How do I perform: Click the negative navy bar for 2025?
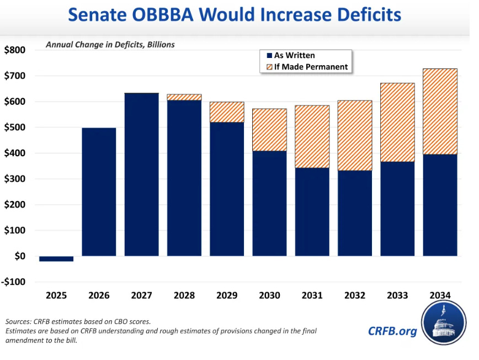click(56, 258)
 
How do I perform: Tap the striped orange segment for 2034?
click(440, 112)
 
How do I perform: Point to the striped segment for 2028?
click(184, 97)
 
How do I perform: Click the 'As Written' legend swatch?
click(269, 56)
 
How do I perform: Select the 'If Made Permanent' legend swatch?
click(269, 67)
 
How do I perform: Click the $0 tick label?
click(19, 256)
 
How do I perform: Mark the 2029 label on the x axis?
click(227, 295)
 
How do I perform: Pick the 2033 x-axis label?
click(397, 295)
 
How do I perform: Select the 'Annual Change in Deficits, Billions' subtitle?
click(110, 45)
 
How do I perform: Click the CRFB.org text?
click(392, 331)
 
